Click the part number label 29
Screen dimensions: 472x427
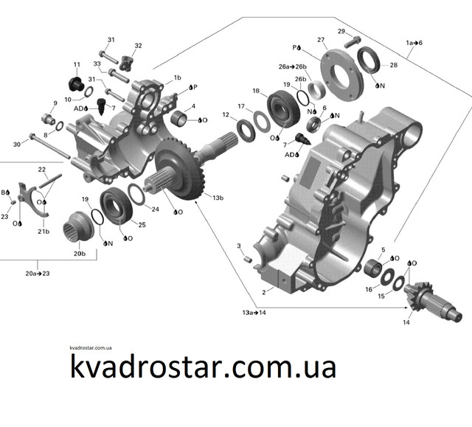click(341, 31)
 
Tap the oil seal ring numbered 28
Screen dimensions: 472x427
click(369, 60)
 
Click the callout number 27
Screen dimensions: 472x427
click(321, 40)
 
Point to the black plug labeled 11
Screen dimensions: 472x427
click(76, 83)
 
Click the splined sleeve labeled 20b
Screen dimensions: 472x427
click(78, 226)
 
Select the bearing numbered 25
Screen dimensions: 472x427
click(116, 205)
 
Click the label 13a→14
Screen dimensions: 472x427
click(254, 313)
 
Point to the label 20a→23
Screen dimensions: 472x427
click(38, 274)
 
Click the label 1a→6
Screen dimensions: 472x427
click(414, 43)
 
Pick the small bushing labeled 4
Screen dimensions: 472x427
click(178, 118)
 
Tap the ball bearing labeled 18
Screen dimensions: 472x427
click(283, 107)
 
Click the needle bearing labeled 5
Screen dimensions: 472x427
click(373, 267)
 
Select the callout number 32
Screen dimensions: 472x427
click(138, 46)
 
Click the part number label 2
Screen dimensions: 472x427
click(264, 293)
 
